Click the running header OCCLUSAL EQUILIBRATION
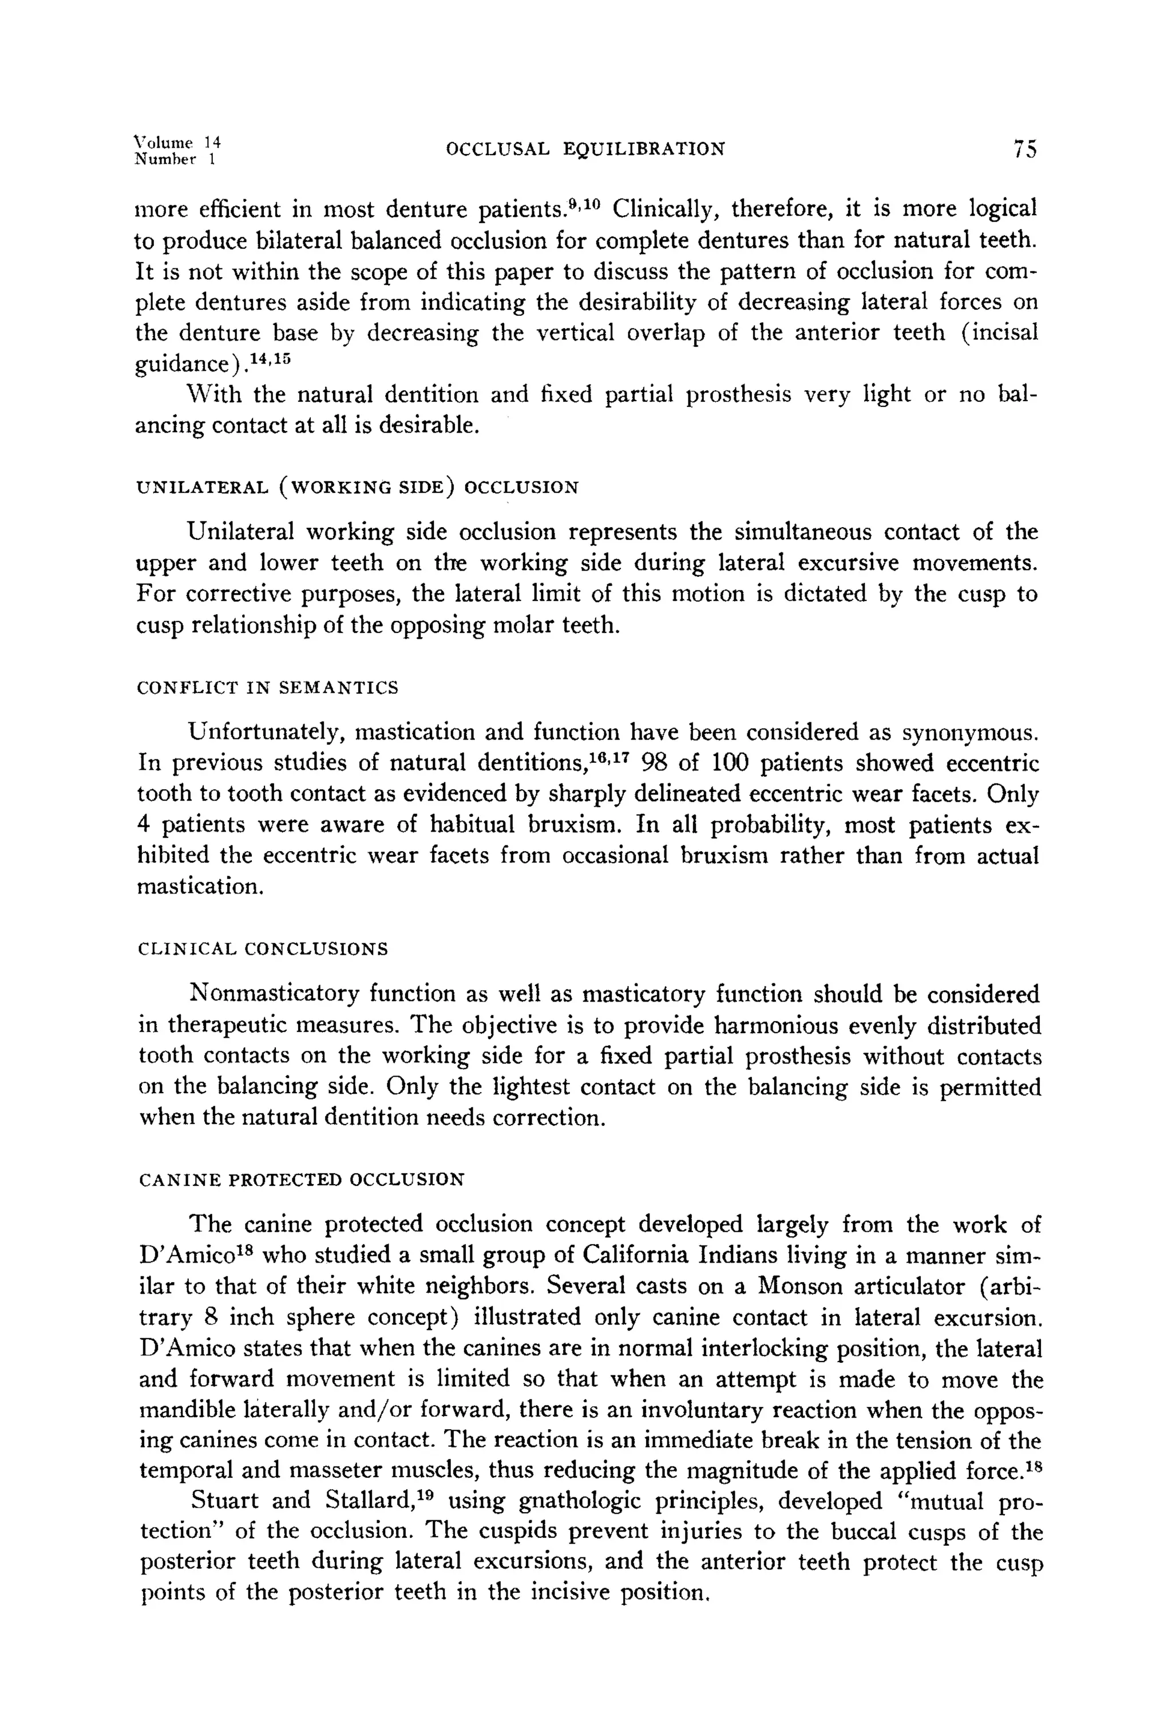coord(585,149)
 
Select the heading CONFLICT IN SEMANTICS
coord(268,688)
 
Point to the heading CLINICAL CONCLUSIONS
coord(263,948)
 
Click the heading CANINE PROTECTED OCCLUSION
coord(302,1180)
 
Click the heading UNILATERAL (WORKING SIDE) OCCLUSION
coord(358,487)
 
